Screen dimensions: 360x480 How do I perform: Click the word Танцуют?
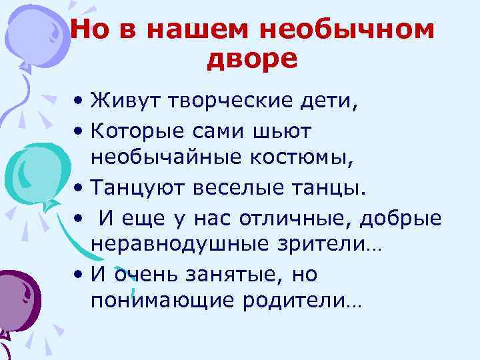tap(132, 187)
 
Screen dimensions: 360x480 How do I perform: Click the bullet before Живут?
tap(79, 103)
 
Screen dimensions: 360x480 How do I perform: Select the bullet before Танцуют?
tap(79, 189)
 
